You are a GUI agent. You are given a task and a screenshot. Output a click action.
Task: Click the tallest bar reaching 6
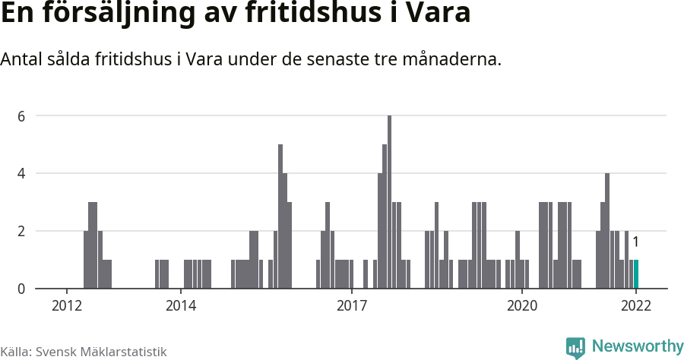pyautogui.click(x=389, y=202)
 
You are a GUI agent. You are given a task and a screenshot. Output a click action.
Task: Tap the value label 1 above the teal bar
pyautogui.click(x=635, y=242)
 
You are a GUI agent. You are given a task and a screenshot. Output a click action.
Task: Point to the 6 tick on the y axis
pyautogui.click(x=22, y=116)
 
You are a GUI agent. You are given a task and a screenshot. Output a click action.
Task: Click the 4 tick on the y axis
pyautogui.click(x=22, y=173)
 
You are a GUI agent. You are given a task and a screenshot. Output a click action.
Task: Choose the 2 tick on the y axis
pyautogui.click(x=22, y=231)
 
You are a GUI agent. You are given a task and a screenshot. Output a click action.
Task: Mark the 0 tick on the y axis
pyautogui.click(x=22, y=289)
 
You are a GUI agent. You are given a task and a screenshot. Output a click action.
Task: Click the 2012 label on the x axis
pyautogui.click(x=67, y=306)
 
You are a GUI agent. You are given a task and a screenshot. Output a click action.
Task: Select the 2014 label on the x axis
pyautogui.click(x=181, y=306)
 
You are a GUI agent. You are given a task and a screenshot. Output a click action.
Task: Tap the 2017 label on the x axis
pyautogui.click(x=352, y=306)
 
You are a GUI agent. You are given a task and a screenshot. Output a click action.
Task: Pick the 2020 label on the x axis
pyautogui.click(x=522, y=306)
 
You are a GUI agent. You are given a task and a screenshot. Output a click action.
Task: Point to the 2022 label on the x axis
pyautogui.click(x=636, y=306)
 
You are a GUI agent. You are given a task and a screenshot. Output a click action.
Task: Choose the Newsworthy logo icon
pyautogui.click(x=575, y=348)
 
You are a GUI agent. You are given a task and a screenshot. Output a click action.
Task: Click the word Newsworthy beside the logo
pyautogui.click(x=638, y=346)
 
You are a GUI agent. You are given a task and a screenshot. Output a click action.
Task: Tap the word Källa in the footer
pyautogui.click(x=14, y=352)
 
